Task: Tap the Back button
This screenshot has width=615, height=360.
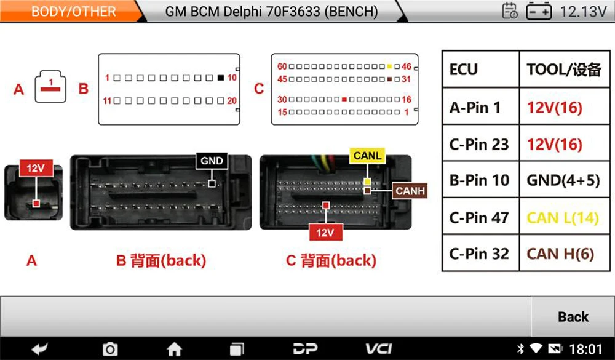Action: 573,317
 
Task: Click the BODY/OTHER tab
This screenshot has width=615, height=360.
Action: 73,12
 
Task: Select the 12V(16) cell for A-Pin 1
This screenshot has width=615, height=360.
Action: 554,108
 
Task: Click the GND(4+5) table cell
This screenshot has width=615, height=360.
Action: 562,180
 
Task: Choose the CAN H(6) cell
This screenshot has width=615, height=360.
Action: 560,254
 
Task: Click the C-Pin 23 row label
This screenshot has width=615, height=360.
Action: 479,145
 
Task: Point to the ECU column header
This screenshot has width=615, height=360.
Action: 464,69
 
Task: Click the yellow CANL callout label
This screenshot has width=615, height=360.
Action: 367,156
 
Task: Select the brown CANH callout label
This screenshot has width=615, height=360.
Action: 410,191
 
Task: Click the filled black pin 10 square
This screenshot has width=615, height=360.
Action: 221,78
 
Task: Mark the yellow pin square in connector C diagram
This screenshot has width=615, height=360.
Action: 389,66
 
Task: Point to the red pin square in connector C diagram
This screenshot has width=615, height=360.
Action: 344,99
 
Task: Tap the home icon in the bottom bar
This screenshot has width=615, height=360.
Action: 175,349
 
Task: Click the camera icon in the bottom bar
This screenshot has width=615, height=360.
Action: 109,349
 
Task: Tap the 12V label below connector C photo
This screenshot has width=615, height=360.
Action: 325,232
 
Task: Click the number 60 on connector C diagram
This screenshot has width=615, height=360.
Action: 282,66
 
